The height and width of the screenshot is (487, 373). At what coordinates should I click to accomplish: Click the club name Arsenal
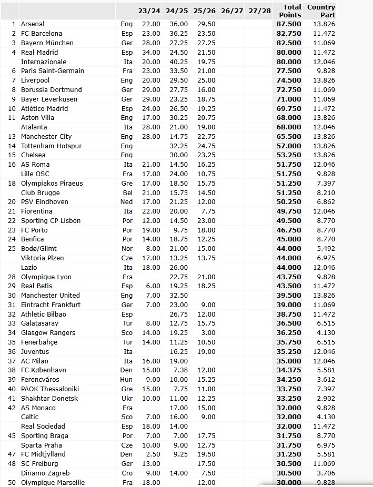[33, 24]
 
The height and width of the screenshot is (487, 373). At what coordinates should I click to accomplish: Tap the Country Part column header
[321, 11]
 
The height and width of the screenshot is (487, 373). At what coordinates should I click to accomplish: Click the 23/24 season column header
[149, 11]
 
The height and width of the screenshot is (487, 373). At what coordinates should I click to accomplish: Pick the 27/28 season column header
[259, 11]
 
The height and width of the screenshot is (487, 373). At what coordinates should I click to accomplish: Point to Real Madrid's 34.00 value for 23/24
[151, 53]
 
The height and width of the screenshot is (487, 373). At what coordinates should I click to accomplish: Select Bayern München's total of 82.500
[289, 43]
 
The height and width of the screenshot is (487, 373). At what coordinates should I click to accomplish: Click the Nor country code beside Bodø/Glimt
[127, 249]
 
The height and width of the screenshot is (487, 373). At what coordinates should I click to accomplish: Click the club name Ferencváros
[40, 380]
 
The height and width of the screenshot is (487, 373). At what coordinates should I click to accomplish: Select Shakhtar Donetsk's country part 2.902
[324, 399]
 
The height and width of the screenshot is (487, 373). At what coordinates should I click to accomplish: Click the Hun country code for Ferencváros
[127, 380]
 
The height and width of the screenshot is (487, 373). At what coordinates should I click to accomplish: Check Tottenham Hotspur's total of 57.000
[289, 146]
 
